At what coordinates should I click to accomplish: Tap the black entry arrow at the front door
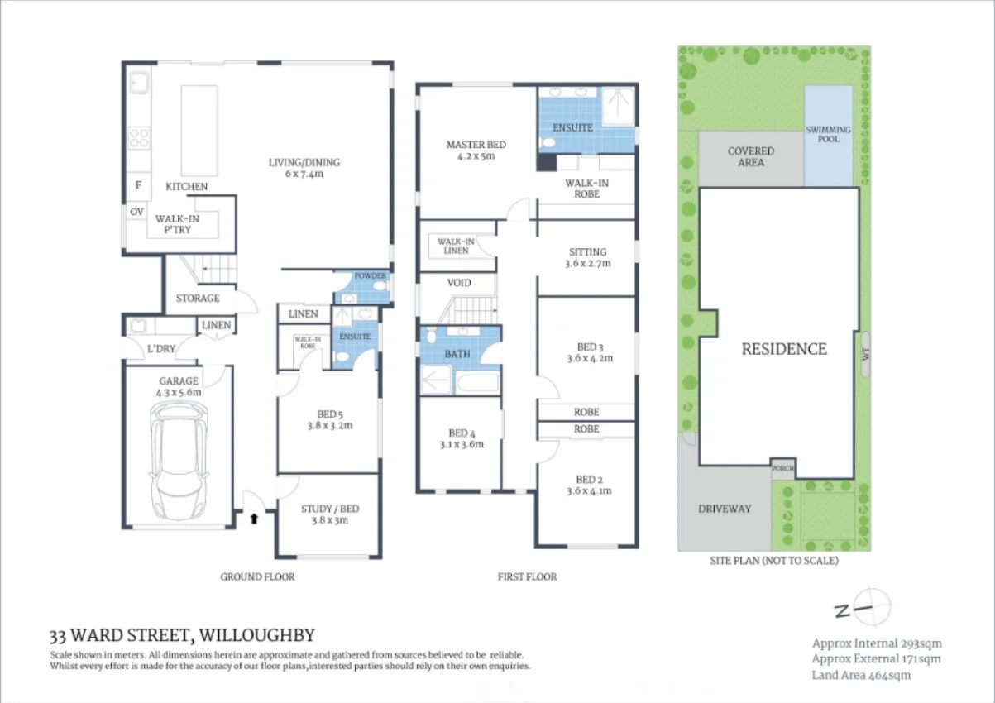pyautogui.click(x=253, y=519)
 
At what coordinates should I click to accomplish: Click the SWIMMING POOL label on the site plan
pyautogui.click(x=828, y=134)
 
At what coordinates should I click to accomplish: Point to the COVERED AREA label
pyautogui.click(x=750, y=156)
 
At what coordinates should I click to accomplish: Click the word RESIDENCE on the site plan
pyautogui.click(x=783, y=349)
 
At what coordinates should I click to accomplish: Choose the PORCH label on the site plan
pyautogui.click(x=782, y=469)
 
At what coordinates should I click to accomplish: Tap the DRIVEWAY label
pyautogui.click(x=724, y=509)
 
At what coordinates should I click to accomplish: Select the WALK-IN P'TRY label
pyautogui.click(x=178, y=224)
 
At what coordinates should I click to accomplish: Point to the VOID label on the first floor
pyautogui.click(x=459, y=283)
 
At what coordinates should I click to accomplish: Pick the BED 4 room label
pyautogui.click(x=461, y=438)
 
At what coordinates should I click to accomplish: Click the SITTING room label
pyautogui.click(x=587, y=257)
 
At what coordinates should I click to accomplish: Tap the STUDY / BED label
pyautogui.click(x=329, y=514)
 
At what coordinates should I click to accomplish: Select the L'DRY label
pyautogui.click(x=160, y=349)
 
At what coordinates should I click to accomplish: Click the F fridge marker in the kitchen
pyautogui.click(x=137, y=186)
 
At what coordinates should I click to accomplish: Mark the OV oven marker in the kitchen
pyautogui.click(x=136, y=212)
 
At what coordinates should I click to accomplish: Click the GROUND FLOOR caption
pyautogui.click(x=257, y=576)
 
